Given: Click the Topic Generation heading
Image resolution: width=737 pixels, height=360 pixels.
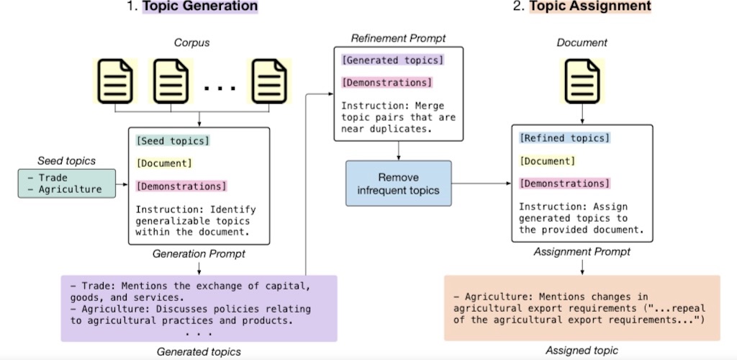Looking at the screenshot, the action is click(200, 6).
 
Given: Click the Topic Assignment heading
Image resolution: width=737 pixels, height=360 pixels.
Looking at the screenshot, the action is click(590, 6).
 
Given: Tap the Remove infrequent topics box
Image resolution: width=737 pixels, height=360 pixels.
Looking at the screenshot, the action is click(399, 184).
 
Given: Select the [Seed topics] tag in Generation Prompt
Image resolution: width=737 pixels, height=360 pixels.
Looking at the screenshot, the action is click(173, 140).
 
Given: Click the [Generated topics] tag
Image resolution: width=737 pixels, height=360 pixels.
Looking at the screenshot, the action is click(393, 60).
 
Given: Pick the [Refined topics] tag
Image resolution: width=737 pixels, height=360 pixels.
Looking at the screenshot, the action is click(564, 138).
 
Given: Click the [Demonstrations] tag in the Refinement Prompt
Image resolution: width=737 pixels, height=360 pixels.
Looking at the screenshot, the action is click(386, 83).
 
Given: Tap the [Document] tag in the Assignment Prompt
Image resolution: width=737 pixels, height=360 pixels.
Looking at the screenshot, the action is click(547, 161).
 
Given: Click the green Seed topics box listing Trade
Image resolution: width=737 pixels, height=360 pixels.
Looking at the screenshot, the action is click(67, 184).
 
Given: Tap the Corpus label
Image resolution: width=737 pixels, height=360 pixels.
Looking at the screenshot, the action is click(191, 43).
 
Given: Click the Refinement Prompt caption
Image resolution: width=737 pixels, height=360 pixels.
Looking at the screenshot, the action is click(398, 37).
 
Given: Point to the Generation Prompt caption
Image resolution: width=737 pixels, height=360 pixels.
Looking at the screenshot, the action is click(199, 254).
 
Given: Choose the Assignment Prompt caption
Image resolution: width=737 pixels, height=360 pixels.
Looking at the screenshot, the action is click(582, 253).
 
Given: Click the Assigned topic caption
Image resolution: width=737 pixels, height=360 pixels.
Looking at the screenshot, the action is click(582, 350).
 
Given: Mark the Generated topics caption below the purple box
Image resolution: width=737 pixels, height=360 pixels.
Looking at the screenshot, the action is click(199, 351).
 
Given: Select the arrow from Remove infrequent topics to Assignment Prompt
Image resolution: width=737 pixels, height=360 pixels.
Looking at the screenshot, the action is click(481, 184).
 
